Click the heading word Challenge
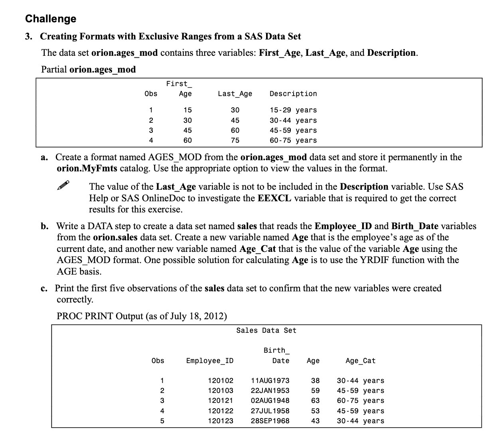51,19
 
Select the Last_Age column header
235,94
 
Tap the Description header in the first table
293,94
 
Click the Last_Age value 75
235,140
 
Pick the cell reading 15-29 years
293,110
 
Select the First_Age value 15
187,110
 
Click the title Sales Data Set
266,330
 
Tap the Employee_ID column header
210,361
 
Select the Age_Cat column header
360,361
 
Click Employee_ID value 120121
221,401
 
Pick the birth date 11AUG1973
270,381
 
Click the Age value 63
315,401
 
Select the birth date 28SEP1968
270,421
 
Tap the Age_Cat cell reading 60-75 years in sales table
360,401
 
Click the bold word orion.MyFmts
87,168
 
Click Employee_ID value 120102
221,381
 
